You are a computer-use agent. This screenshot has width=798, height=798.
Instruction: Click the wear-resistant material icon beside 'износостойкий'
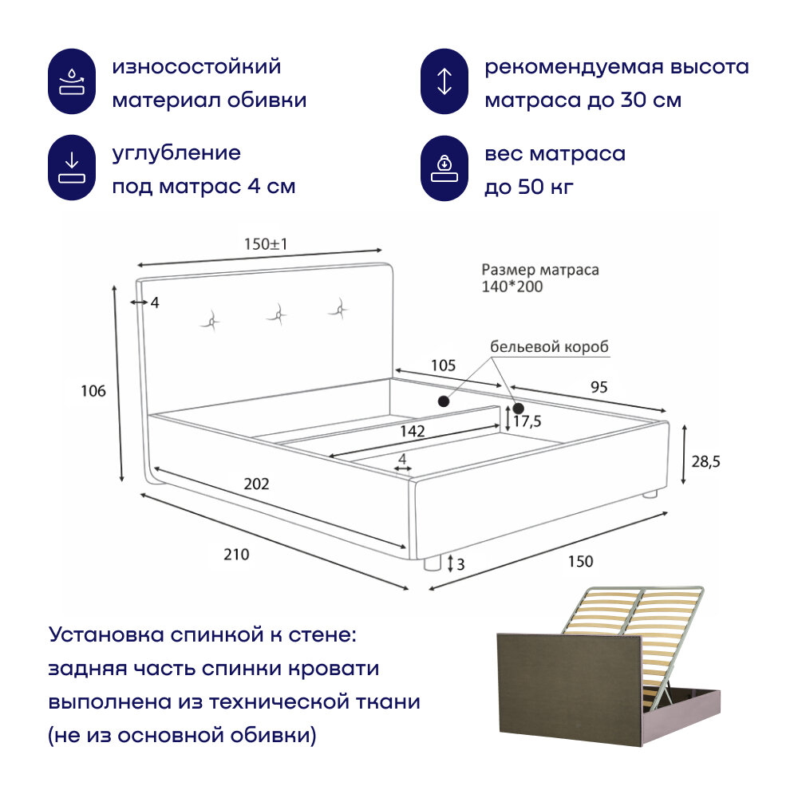click(x=73, y=83)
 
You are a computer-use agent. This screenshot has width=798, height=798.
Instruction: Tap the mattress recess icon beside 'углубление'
click(x=73, y=168)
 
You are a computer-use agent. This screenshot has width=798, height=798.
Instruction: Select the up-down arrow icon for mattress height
click(x=445, y=83)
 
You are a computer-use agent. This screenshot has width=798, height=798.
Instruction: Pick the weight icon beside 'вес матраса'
click(x=445, y=168)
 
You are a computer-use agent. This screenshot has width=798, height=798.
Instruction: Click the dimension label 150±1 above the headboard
click(x=266, y=245)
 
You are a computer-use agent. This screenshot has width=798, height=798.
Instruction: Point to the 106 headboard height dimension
click(x=93, y=391)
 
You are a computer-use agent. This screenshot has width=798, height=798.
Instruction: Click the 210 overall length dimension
click(x=236, y=555)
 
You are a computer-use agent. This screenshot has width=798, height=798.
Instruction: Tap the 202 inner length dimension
click(x=257, y=484)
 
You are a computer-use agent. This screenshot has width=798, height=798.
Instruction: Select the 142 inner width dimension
click(x=412, y=431)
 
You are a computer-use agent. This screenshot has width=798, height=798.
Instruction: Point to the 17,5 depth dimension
click(x=527, y=421)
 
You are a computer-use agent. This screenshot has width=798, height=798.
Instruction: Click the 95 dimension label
click(x=599, y=387)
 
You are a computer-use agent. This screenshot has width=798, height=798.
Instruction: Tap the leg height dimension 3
click(x=461, y=564)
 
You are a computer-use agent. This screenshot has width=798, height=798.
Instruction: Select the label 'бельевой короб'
click(x=549, y=347)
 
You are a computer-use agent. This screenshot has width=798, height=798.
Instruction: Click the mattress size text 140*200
click(x=512, y=286)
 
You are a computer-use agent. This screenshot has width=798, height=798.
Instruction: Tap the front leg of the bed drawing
click(x=433, y=563)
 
